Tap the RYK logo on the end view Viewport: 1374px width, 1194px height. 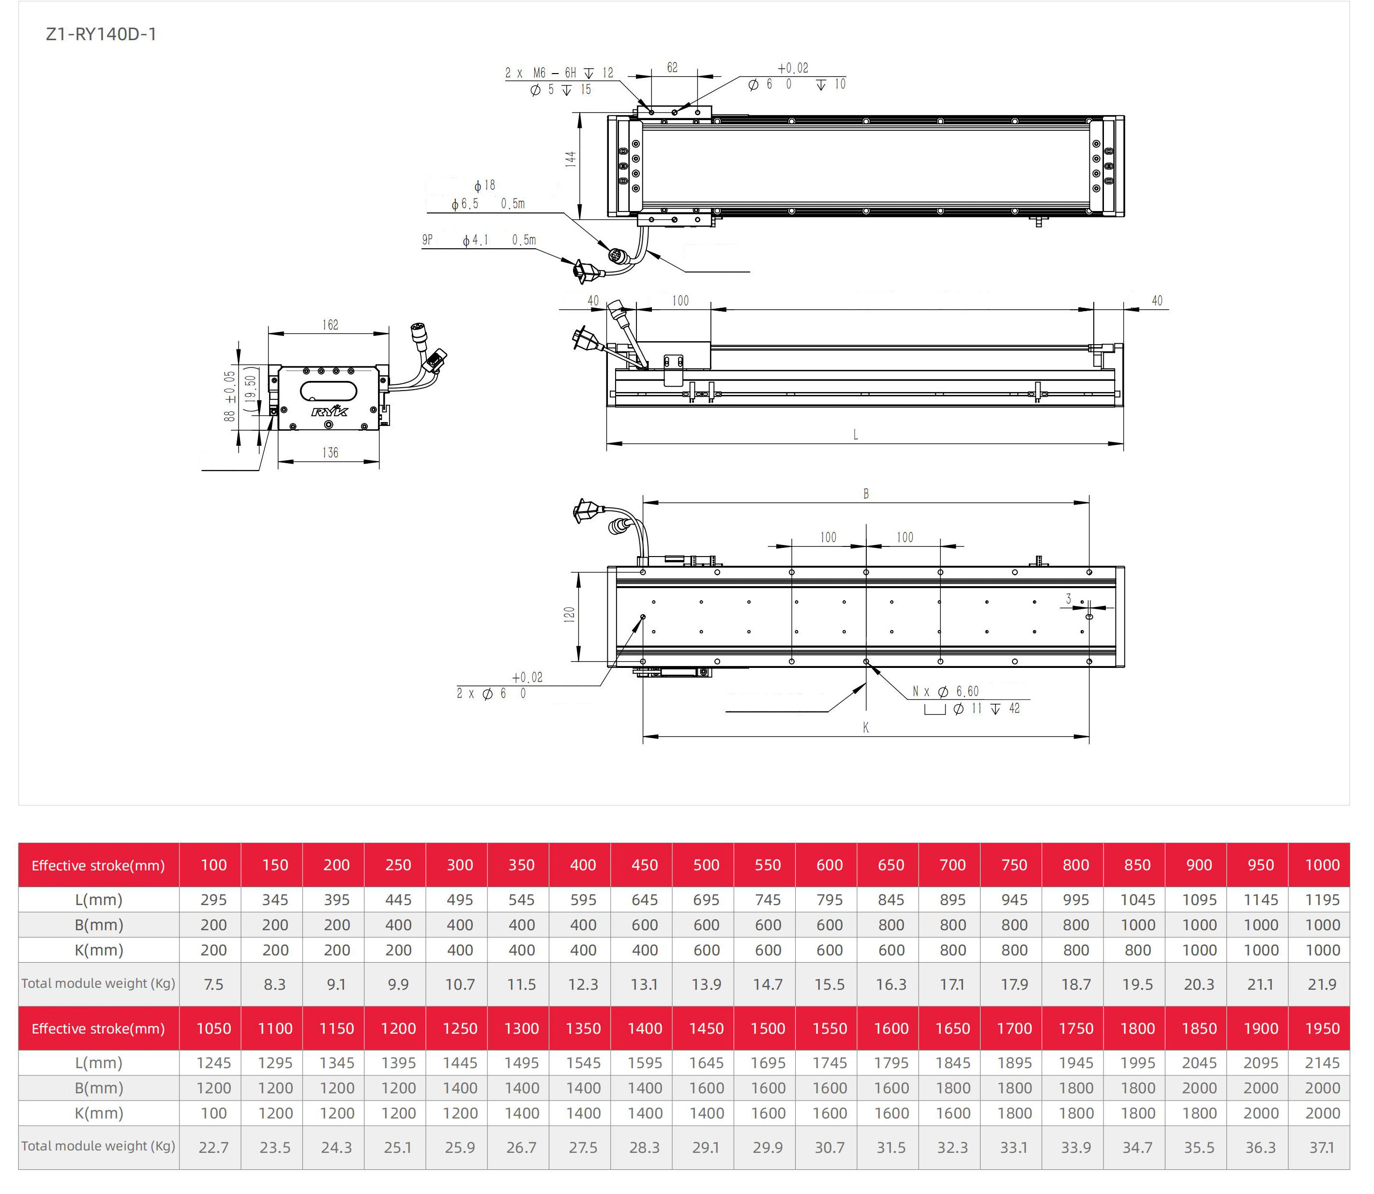click(x=329, y=410)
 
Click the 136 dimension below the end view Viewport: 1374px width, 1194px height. click(x=330, y=453)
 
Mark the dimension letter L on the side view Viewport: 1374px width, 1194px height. click(x=856, y=435)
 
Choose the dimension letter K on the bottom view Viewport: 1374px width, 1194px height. click(x=865, y=727)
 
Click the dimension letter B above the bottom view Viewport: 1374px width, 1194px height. click(x=865, y=494)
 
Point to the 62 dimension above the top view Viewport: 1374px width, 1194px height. click(x=672, y=67)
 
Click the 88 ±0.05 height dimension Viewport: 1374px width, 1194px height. click(x=229, y=396)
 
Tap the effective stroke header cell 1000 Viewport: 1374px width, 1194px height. click(x=1322, y=865)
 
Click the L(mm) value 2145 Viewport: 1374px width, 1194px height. click(x=1322, y=1063)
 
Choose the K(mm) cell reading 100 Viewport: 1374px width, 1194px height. click(x=213, y=1113)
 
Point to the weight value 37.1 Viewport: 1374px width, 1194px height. click(x=1322, y=1148)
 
